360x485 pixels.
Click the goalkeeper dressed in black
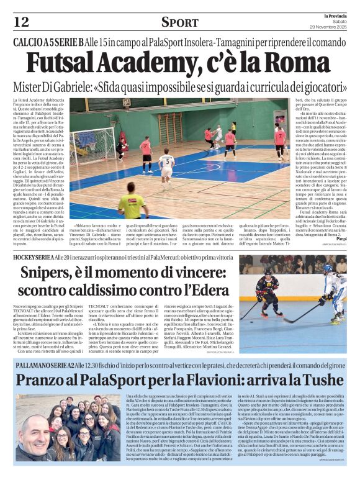[x=122, y=148]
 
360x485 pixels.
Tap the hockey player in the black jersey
[x=268, y=292]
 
